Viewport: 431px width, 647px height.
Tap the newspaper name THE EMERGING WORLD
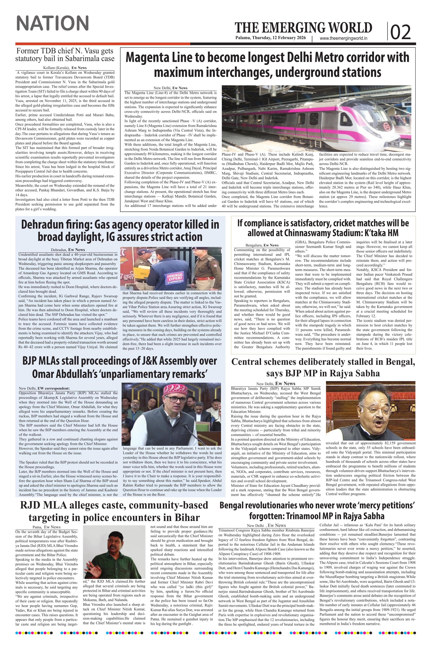coord(303,28)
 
